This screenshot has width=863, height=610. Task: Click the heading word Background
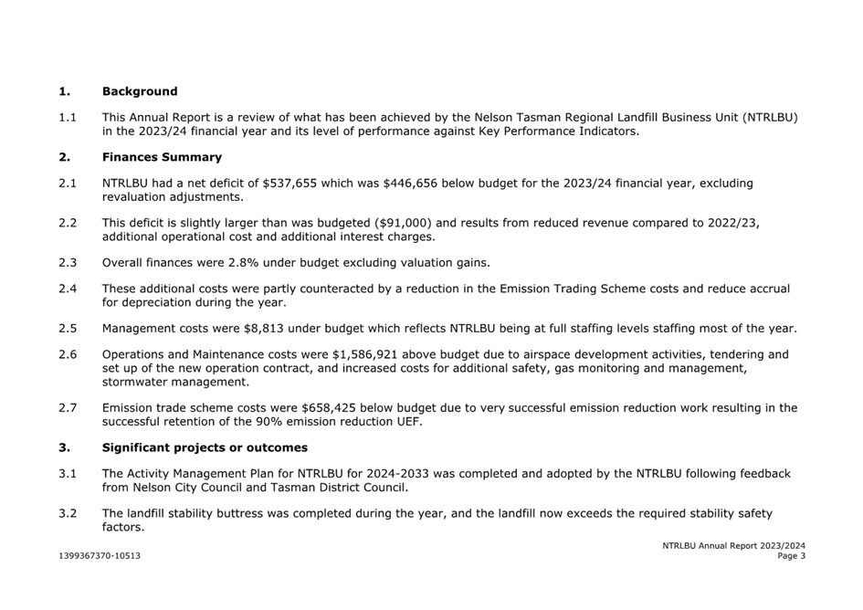point(140,91)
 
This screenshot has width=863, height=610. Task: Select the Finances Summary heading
point(162,157)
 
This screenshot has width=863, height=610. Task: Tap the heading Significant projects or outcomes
point(205,447)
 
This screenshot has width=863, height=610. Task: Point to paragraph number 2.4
point(68,289)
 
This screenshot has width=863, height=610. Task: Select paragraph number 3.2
point(68,513)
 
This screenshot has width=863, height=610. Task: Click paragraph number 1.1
point(68,117)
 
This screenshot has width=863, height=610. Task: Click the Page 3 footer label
point(791,555)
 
